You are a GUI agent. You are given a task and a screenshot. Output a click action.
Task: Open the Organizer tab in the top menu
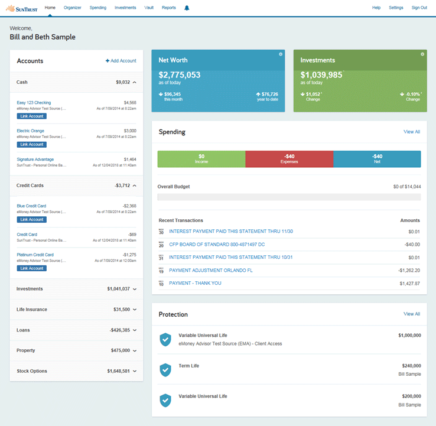(x=72, y=8)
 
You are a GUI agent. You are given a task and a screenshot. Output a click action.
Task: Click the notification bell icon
(x=187, y=8)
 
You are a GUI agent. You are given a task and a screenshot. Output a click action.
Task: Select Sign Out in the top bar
(x=419, y=8)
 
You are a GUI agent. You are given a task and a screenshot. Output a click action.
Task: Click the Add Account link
(x=121, y=61)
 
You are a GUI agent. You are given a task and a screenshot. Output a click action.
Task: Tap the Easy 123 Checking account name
(x=34, y=103)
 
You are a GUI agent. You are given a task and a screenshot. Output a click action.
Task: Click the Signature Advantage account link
(x=35, y=160)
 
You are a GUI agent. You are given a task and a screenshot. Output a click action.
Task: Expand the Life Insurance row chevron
(x=135, y=310)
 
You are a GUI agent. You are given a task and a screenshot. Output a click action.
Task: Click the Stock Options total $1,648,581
(x=118, y=371)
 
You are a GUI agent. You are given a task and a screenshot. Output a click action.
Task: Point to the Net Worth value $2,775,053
(x=180, y=75)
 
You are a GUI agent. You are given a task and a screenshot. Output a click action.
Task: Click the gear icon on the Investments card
(x=422, y=54)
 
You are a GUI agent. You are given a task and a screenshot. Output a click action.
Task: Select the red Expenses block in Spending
(x=289, y=159)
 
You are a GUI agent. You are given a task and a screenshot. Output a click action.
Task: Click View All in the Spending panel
(x=412, y=132)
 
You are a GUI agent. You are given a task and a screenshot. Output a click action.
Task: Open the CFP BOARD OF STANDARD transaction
(x=217, y=245)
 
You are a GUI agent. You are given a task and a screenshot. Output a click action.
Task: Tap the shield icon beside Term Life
(x=165, y=370)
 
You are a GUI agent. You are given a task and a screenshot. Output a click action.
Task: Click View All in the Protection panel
(x=412, y=314)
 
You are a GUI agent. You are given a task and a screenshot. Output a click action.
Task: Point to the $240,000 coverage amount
(x=409, y=366)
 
